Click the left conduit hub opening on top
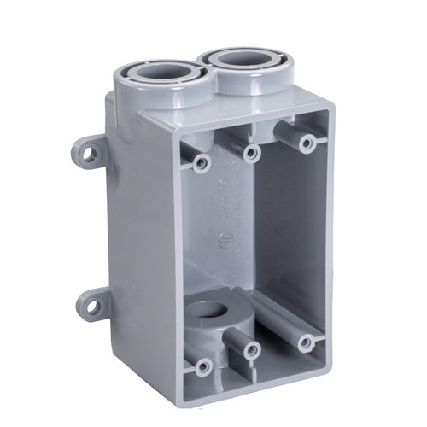pyautogui.click(x=159, y=75)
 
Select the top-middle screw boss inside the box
pyautogui.click(x=252, y=152)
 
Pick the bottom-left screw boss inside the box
pyautogui.click(x=202, y=367)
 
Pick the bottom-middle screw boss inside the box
pyautogui.click(x=252, y=348)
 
